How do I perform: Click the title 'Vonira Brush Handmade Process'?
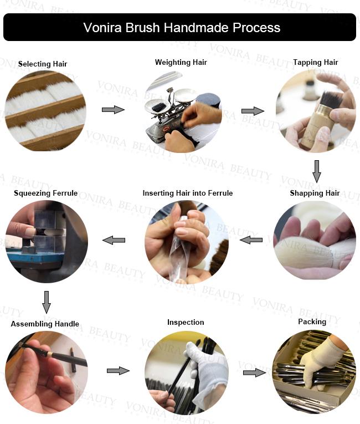pos(182,27)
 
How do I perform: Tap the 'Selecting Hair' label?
pos(43,64)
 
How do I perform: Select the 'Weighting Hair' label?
pos(181,63)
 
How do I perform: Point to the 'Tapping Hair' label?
pos(315,63)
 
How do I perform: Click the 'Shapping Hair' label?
pos(315,193)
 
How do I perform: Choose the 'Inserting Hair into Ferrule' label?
pos(188,193)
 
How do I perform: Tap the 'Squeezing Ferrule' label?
pos(45,193)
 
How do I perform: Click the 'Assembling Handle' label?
pos(45,324)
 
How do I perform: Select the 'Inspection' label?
pos(186,322)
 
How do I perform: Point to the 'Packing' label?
pos(312,322)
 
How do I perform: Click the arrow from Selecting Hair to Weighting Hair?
pos(113,110)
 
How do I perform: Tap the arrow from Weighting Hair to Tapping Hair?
pos(253,111)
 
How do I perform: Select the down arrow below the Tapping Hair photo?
pos(317,171)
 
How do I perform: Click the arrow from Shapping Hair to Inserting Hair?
pos(251,239)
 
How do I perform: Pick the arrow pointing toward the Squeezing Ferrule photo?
pos(114,240)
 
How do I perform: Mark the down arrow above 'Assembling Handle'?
pos(47,302)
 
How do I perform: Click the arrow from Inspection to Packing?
pos(255,372)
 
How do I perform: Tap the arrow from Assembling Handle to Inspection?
pos(118,370)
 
